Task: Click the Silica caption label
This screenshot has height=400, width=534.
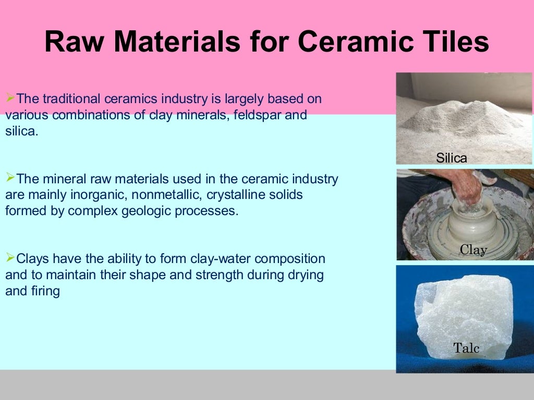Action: click(452, 158)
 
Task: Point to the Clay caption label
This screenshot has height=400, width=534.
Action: click(473, 250)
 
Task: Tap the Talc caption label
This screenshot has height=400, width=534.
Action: click(466, 348)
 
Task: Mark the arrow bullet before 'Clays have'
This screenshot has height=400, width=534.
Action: click(10, 257)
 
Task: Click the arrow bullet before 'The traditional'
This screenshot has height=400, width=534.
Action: click(10, 97)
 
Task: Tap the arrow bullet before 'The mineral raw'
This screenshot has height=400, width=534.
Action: click(10, 178)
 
